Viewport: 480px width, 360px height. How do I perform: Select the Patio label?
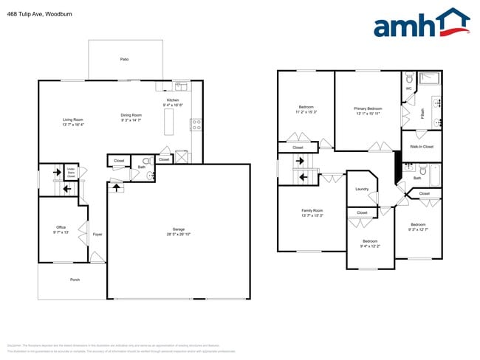pyautogui.click(x=124, y=58)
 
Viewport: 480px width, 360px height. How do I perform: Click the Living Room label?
pyautogui.click(x=72, y=120)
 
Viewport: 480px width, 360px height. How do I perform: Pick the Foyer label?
pyautogui.click(x=97, y=235)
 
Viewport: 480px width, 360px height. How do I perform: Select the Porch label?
pyautogui.click(x=75, y=280)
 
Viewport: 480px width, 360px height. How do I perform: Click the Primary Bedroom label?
pyautogui.click(x=368, y=108)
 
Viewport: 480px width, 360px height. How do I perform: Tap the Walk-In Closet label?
pyautogui.click(x=421, y=146)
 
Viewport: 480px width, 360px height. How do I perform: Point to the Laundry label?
pyautogui.click(x=361, y=189)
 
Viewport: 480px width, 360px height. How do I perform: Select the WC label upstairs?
pyautogui.click(x=408, y=89)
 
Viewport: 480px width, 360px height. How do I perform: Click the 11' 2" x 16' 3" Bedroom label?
pyautogui.click(x=306, y=108)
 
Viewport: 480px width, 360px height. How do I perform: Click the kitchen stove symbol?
pyautogui.click(x=196, y=124)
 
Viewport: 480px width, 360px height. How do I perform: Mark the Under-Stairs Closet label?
pyautogui.click(x=72, y=174)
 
